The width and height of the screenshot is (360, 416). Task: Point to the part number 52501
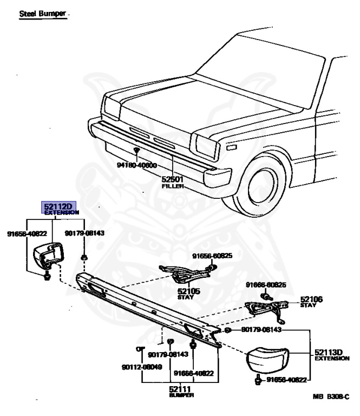173,179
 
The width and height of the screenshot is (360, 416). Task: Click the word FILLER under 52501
173,186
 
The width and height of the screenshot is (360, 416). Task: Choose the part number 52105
188,291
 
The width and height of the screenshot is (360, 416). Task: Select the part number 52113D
329,352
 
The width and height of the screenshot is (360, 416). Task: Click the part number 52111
180,388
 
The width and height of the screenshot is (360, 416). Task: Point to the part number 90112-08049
142,367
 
